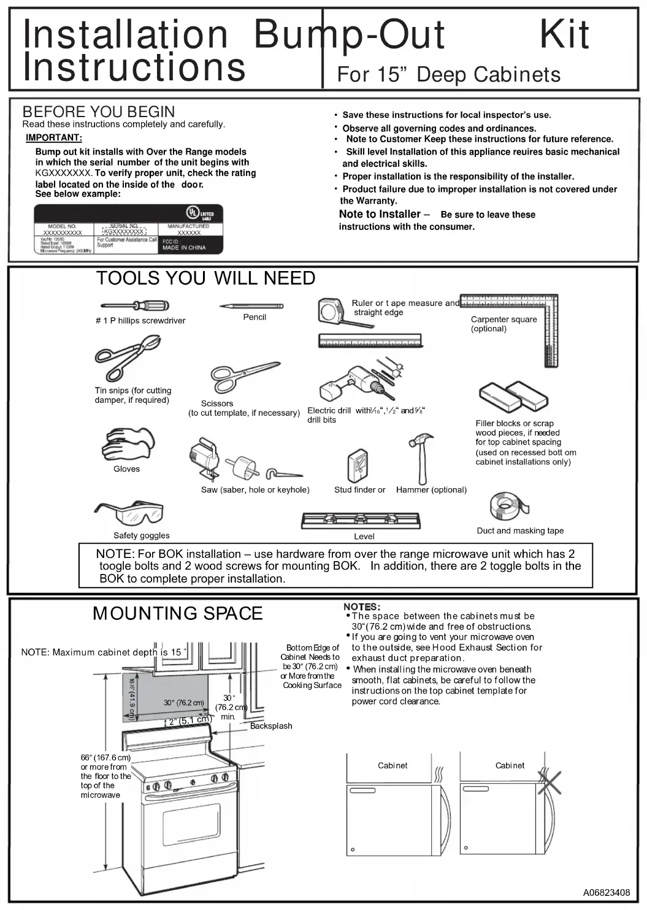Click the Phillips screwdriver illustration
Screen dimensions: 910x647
[134, 305]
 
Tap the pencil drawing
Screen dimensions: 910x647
[251, 305]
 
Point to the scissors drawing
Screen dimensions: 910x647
[244, 375]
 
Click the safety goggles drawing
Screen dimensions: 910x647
[129, 513]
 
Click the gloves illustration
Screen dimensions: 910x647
[128, 445]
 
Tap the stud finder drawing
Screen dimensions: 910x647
[358, 465]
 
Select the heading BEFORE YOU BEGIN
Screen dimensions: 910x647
[99, 112]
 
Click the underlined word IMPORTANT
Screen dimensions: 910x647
[54, 137]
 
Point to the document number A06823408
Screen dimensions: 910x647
[606, 892]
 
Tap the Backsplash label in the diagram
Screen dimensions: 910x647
[271, 726]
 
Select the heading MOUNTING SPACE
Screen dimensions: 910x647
[177, 613]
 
